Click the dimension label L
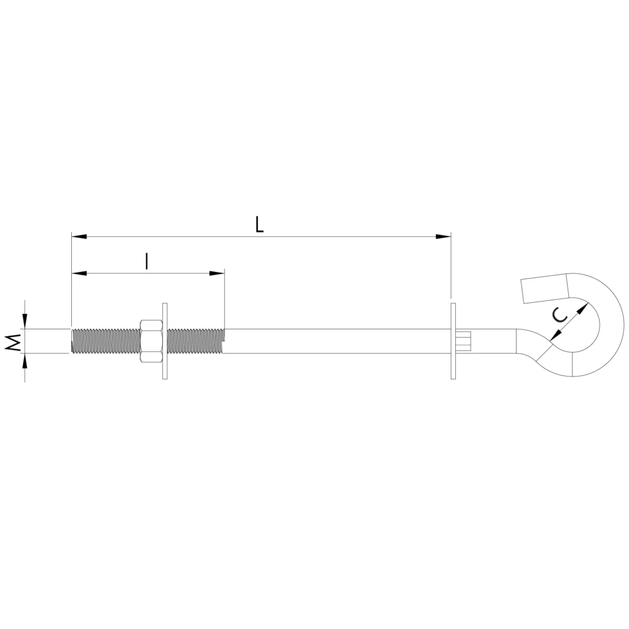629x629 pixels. [x=260, y=225]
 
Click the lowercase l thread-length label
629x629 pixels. [x=147, y=262]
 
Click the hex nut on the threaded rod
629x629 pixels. [x=151, y=341]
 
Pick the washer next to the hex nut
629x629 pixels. [x=165, y=341]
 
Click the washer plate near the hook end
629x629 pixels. [x=453, y=341]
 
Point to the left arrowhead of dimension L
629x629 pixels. [x=79, y=236]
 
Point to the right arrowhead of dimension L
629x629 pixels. [x=443, y=236]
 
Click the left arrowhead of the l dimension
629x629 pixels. [x=79, y=273]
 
